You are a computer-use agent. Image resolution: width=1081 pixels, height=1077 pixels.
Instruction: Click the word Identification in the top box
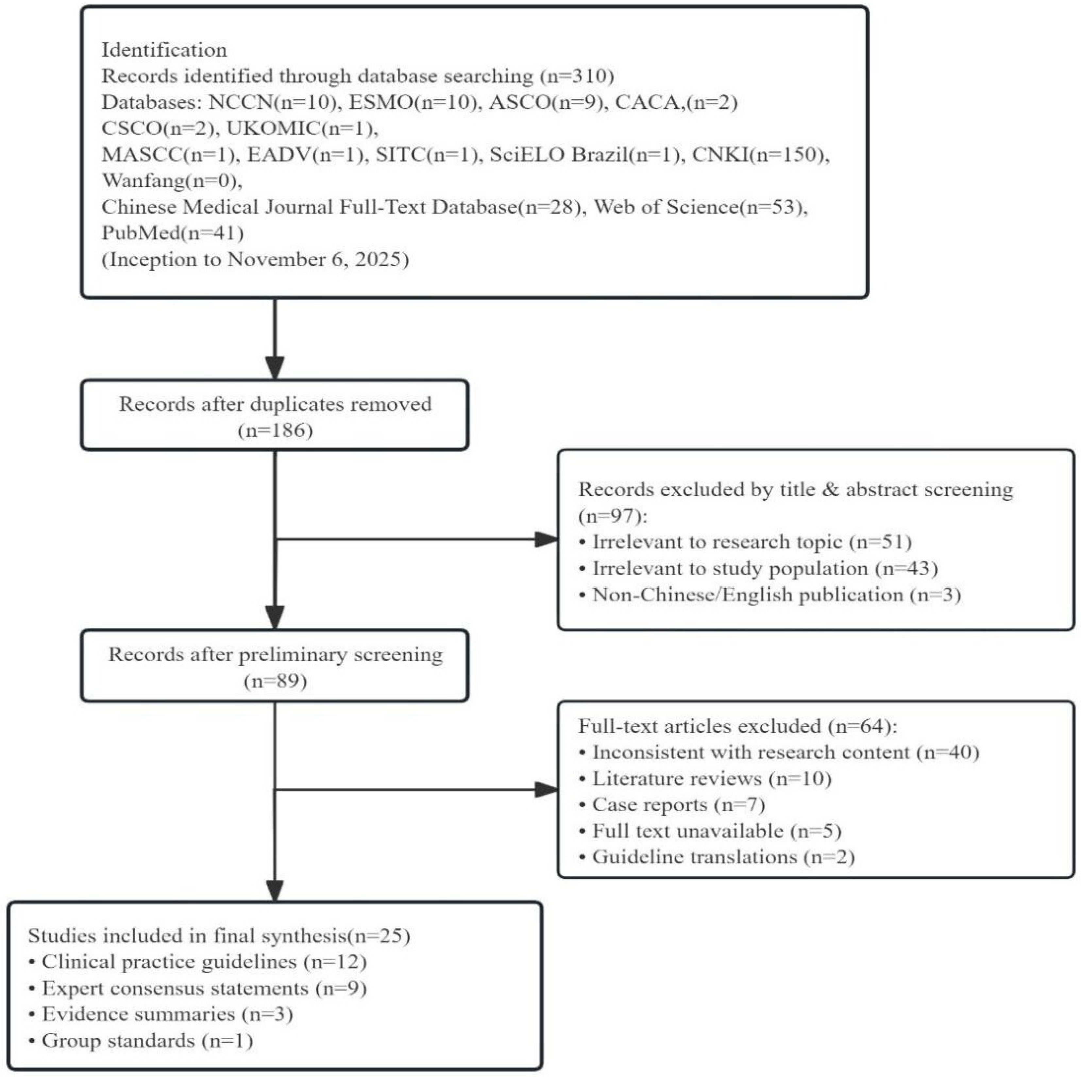pos(164,50)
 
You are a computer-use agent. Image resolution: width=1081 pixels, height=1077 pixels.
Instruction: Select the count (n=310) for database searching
pos(577,76)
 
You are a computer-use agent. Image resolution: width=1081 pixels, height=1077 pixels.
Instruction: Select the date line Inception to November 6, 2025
pos(255,260)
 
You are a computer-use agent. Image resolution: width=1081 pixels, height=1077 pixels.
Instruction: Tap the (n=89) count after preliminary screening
pos(275,681)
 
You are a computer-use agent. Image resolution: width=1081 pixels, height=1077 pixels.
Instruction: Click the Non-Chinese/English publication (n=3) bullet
pos(770,594)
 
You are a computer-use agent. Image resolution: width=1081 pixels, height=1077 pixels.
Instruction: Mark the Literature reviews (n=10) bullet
pos(705,778)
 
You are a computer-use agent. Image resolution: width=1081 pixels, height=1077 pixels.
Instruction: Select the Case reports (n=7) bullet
pos(672,804)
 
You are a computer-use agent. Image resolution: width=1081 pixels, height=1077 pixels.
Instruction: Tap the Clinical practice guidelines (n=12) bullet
pos(197,962)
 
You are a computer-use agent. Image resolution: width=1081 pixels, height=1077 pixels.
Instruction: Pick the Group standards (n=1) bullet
pos(141,1041)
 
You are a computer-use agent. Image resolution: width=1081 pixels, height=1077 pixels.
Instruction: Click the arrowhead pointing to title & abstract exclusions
pos(547,540)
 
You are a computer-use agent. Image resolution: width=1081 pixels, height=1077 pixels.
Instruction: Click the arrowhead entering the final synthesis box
pos(275,891)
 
